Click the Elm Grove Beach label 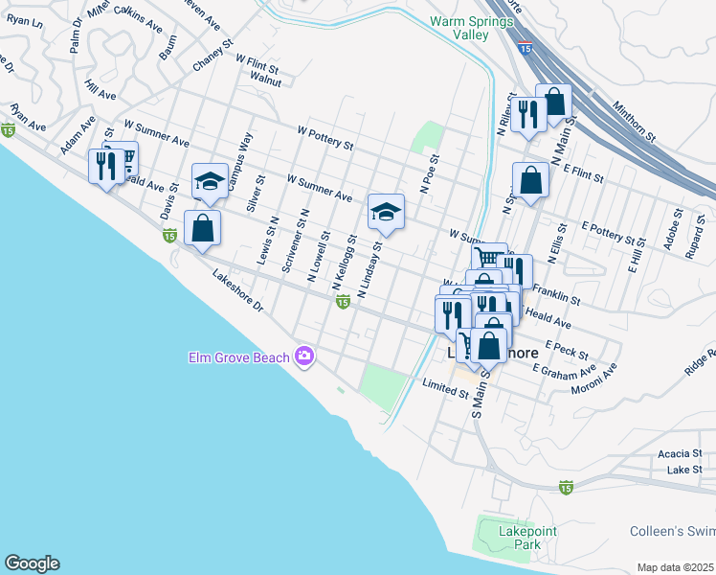pos(237,357)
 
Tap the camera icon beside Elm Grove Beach pos(305,357)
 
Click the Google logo pos(32,563)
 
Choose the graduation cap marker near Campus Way pos(210,182)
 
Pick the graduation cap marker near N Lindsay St pos(386,211)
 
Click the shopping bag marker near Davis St pos(202,228)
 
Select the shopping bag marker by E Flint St pos(530,179)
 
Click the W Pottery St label pos(325,140)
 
